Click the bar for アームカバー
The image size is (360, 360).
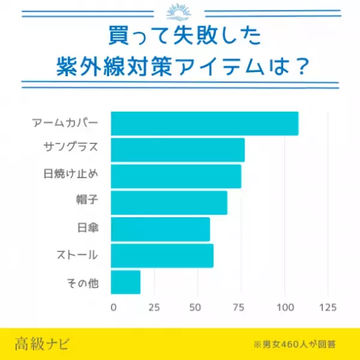pos(204,124)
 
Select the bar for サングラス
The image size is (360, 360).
pos(178,150)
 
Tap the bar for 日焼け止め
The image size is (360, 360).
pos(176,176)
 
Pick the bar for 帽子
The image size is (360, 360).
pos(169,203)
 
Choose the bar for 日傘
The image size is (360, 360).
pos(160,229)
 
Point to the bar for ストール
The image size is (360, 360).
pos(162,256)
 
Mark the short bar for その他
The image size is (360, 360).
pos(125,282)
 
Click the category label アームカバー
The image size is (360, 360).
pos(64,124)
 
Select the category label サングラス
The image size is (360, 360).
pos(70,150)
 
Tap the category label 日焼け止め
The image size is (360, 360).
pos(70,176)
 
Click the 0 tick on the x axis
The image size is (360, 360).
pos(113,307)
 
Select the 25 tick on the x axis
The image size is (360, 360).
pos(154,307)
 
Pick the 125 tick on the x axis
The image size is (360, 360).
pos(328,307)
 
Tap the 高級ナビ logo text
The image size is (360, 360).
pos(43,344)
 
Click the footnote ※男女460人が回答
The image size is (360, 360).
pos(294,345)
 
